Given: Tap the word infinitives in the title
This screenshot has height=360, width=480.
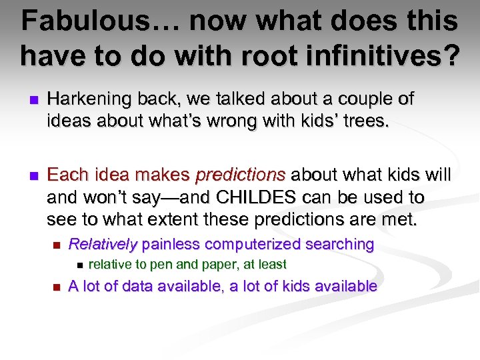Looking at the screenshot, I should [x=375, y=56].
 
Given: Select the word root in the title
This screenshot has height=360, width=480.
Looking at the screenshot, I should [x=256, y=56].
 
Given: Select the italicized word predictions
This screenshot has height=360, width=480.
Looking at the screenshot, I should [x=240, y=175].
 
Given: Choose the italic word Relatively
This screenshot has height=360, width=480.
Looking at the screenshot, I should [x=103, y=245].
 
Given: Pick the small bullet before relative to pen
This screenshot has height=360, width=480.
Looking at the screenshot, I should [x=80, y=265].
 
